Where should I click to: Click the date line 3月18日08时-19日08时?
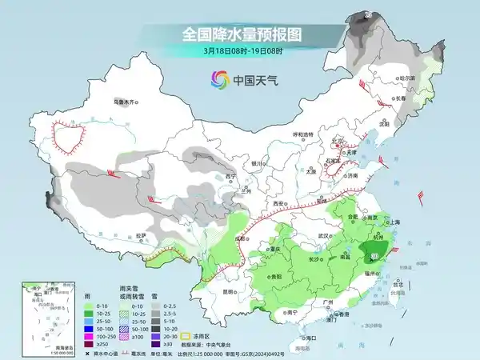coord(239,51)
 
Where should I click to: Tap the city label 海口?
coord(307,338)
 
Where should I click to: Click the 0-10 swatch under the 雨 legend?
coord(79,306)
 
